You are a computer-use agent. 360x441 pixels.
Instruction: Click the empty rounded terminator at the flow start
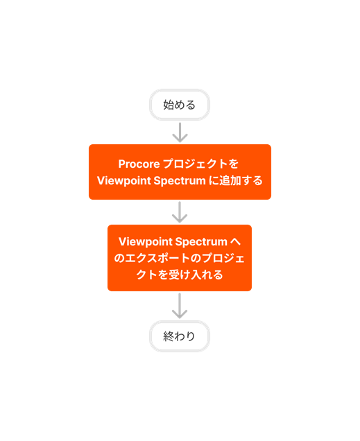pos(180,105)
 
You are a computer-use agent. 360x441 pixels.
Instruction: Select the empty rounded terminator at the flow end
pos(180,336)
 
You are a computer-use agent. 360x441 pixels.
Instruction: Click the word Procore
pos(137,164)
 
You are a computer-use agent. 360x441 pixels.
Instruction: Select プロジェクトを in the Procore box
pos(200,164)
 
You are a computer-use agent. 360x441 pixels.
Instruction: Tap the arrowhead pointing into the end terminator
pos(180,314)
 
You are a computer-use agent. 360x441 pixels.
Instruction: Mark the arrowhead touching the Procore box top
pos(180,138)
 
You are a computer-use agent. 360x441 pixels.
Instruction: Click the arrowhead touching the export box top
pos(180,218)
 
